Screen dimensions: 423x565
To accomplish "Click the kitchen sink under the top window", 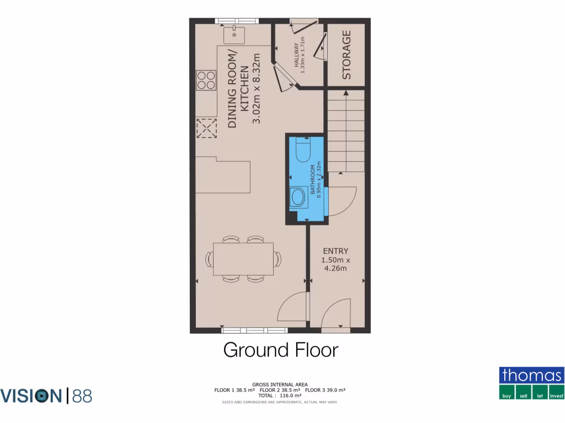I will click(x=235, y=35).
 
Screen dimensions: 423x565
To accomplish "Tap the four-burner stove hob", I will click(x=206, y=80).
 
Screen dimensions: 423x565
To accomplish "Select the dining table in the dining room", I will click(x=243, y=259).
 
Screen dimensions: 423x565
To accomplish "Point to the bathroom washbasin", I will click(x=299, y=197).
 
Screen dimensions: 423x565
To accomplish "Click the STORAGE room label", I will click(x=346, y=55).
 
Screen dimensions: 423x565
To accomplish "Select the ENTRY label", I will click(x=335, y=251).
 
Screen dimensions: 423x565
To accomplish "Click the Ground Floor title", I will click(x=280, y=350).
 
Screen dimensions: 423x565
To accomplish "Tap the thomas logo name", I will click(x=532, y=376).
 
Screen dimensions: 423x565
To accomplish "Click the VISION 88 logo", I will click(x=46, y=395).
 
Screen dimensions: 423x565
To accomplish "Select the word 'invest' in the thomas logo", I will click(x=556, y=395).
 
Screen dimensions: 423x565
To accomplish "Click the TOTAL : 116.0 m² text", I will click(x=280, y=395).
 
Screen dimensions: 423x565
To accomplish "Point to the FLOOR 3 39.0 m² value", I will click(x=326, y=390).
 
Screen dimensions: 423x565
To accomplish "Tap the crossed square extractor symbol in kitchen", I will click(x=207, y=128).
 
